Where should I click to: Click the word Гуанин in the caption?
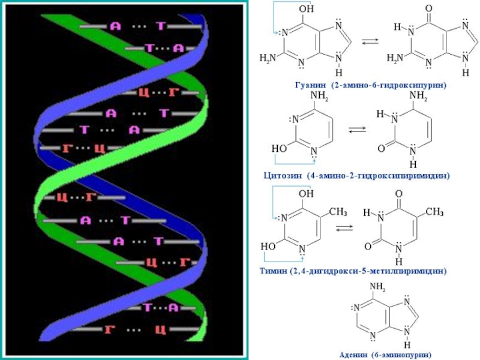tap(310, 86)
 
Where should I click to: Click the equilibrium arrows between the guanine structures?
tap(371, 41)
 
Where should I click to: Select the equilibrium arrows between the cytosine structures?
tap(358, 129)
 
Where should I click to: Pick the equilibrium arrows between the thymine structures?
tap(344, 228)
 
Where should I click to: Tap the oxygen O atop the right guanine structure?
tap(428, 9)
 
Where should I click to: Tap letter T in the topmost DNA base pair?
tap(160, 26)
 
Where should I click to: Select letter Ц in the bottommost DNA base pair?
tap(160, 329)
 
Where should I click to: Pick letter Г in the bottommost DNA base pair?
tap(110, 329)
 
